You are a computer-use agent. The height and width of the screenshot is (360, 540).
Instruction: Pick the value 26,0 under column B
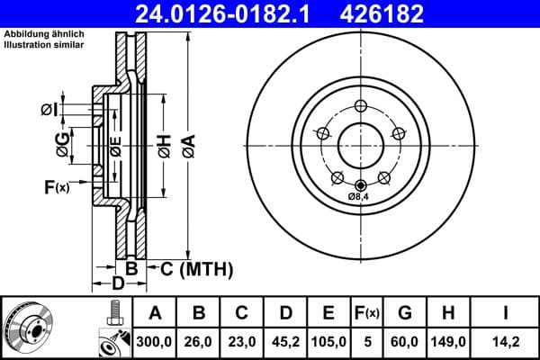point(199,341)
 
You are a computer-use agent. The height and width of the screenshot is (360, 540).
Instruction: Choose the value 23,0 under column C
point(242,341)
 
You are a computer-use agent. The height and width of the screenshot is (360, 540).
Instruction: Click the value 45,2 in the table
point(285,341)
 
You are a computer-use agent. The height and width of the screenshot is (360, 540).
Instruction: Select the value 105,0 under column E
point(329,341)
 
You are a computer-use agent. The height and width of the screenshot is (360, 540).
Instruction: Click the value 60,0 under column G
point(406,341)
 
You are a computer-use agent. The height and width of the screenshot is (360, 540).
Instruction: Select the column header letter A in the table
point(155,313)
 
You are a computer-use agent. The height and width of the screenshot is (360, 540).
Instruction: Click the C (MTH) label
point(196,268)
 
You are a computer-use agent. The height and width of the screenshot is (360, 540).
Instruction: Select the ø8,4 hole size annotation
point(361,197)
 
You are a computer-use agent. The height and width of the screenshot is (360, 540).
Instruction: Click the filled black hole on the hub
point(361,185)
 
